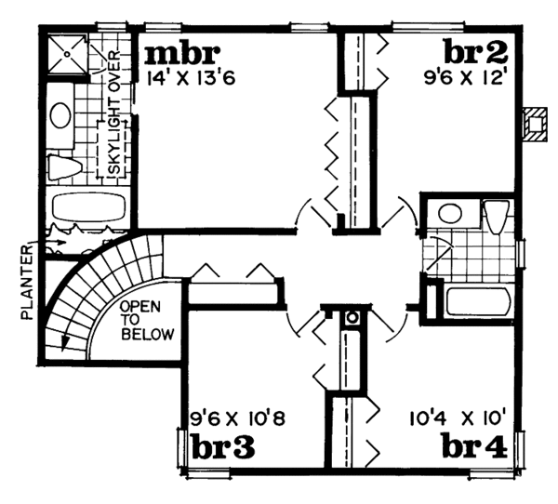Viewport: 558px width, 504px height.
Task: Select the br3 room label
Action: point(223,445)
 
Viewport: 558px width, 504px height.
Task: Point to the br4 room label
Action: point(473,445)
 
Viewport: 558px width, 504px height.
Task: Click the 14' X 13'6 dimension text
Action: point(191,78)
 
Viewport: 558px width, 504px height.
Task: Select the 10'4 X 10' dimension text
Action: point(456,418)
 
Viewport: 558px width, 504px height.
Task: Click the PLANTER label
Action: point(27,279)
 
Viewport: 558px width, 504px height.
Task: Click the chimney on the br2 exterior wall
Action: point(536,123)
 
